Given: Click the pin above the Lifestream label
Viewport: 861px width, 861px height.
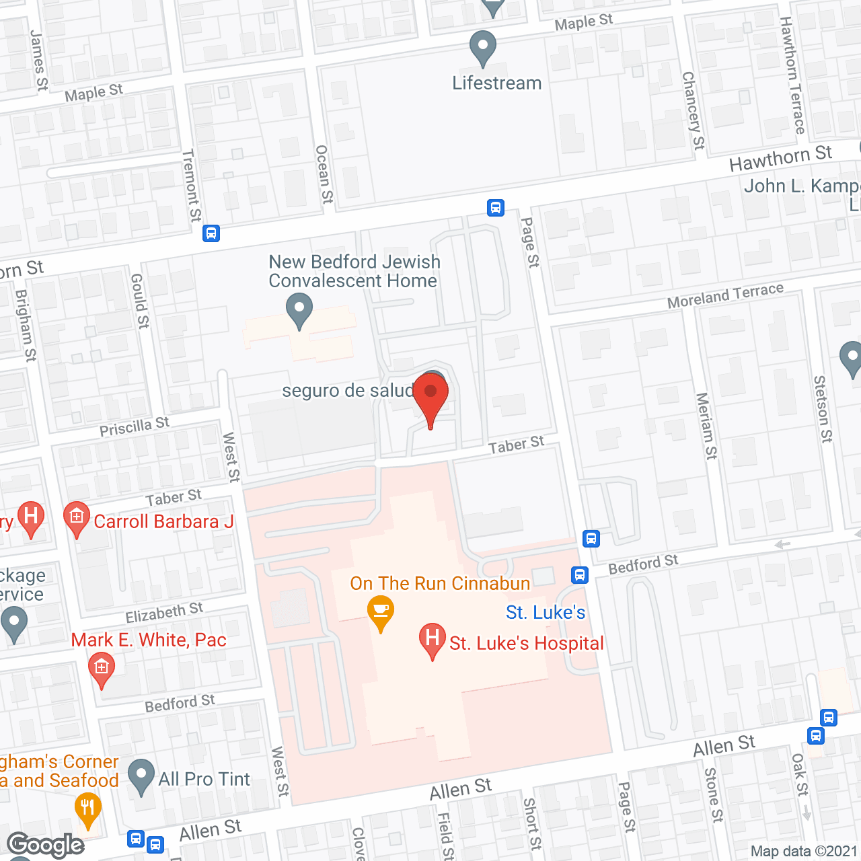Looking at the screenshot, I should (482, 48).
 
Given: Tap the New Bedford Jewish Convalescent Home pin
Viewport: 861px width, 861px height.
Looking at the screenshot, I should (299, 311).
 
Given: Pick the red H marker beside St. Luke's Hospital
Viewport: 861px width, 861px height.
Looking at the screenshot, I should (433, 640).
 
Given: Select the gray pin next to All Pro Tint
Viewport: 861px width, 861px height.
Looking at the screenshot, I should (141, 776).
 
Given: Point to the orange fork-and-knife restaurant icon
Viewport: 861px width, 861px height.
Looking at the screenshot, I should (87, 810).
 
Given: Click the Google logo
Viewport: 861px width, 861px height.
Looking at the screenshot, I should (46, 845).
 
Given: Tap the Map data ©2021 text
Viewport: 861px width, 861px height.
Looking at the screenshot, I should (804, 852).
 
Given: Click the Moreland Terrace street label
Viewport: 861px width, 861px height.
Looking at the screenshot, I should (725, 296).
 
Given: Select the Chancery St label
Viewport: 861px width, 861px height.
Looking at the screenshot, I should (694, 111).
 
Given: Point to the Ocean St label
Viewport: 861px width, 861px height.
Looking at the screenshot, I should (324, 174).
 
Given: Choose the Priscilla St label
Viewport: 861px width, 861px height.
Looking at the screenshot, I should (135, 426).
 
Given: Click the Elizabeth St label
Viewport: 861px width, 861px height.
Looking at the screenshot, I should (164, 612).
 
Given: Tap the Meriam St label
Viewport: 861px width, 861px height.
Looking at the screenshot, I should (706, 426).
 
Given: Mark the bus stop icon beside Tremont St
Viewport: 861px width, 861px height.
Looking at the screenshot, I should (211, 233).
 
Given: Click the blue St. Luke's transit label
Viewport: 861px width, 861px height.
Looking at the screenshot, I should (546, 612).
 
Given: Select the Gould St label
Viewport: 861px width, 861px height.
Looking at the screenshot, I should (139, 301).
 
